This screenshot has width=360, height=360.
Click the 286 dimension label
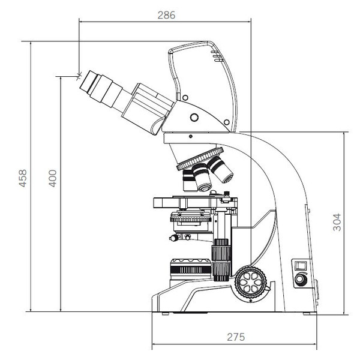click(x=166, y=15)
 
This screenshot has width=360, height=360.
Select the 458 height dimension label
click(x=23, y=178)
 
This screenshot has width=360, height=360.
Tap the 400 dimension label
click(x=53, y=178)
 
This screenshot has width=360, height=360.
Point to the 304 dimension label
click(x=337, y=222)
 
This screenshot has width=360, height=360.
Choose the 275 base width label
click(x=236, y=337)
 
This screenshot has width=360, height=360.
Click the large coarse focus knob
click(x=251, y=283)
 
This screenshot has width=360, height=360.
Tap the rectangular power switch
click(x=301, y=266)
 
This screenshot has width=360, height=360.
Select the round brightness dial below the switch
click(x=301, y=279)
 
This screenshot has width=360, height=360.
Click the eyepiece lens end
click(x=86, y=80)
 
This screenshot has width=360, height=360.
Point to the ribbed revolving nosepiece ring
click(x=200, y=158)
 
